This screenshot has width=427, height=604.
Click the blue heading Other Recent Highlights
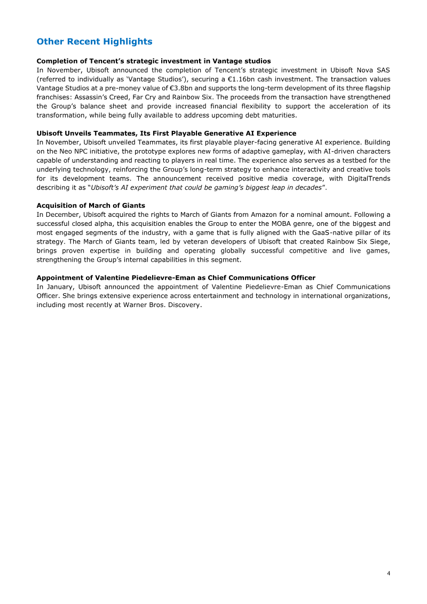pyautogui.click(x=94, y=42)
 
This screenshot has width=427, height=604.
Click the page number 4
pyautogui.click(x=389, y=574)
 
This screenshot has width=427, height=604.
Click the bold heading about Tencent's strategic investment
pyautogui.click(x=153, y=61)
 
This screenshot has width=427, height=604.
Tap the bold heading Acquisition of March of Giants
pyautogui.click(x=91, y=206)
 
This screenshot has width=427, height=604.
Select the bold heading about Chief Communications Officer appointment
pyautogui.click(x=176, y=278)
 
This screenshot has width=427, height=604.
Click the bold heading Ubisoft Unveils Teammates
pyautogui.click(x=166, y=133)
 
